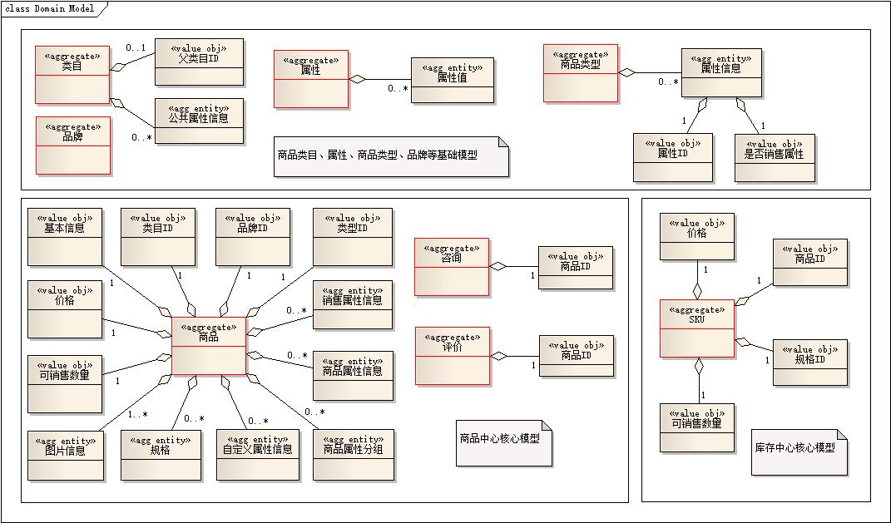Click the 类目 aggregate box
click(x=73, y=74)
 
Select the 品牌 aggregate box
click(x=73, y=146)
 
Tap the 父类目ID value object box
click(x=200, y=62)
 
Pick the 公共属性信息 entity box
click(x=200, y=121)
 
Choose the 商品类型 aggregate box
click(x=581, y=73)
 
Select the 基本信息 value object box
click(x=65, y=237)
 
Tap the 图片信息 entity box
click(x=66, y=455)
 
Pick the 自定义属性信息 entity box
click(x=257, y=455)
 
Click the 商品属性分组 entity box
click(x=353, y=455)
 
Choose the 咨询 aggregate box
click(x=452, y=267)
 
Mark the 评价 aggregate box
click(x=452, y=356)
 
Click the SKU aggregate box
click(x=697, y=328)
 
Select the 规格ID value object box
click(x=810, y=363)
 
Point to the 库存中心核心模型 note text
click(x=794, y=447)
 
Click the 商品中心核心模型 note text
click(x=500, y=438)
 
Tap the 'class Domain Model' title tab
click(x=50, y=9)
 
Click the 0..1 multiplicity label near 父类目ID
click(x=136, y=47)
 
